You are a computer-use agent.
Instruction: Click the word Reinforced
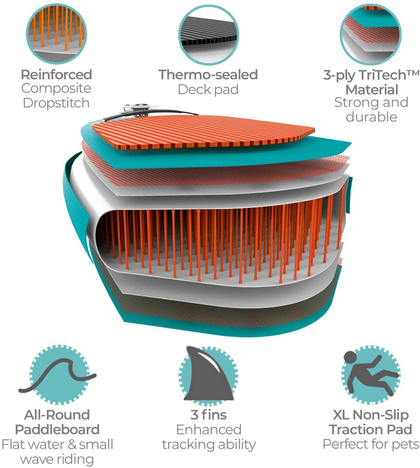[57, 75]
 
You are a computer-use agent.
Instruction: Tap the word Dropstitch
[56, 103]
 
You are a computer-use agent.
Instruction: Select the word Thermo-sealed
[208, 75]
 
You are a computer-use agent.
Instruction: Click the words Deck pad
[208, 89]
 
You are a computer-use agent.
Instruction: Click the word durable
[372, 117]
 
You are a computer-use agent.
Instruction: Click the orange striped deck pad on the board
[203, 132]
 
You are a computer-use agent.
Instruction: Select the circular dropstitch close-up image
[56, 34]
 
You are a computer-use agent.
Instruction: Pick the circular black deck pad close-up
[209, 35]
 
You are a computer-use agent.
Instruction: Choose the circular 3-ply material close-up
[371, 34]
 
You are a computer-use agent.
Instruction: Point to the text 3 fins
[208, 415]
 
